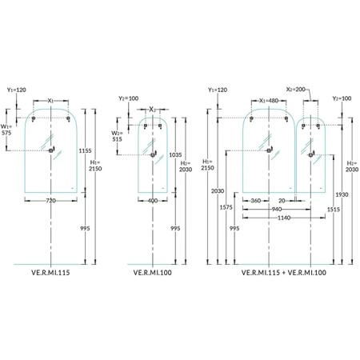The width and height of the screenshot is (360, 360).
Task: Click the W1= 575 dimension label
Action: point(6,130)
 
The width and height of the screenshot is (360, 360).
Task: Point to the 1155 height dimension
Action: point(85,150)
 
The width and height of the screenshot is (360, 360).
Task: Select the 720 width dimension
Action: point(50,201)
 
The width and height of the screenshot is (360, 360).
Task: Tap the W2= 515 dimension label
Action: point(117,136)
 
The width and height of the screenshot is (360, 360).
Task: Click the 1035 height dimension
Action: point(175,154)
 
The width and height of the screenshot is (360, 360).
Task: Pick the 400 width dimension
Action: point(153,201)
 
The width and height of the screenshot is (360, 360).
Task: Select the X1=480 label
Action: point(269,101)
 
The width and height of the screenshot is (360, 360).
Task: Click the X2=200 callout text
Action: point(296,90)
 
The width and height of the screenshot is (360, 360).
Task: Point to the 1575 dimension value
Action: point(226,207)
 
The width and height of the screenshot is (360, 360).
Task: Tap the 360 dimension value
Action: point(255,201)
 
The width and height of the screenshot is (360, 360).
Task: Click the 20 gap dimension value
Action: point(282,201)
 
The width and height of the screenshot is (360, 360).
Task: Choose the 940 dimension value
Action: point(277,210)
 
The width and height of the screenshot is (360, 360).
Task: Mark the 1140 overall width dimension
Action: point(284,218)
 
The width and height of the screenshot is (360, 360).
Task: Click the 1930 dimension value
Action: point(342,194)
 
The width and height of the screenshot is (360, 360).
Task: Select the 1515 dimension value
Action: point(334,210)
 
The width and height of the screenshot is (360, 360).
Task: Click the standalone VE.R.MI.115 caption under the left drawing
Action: point(50,273)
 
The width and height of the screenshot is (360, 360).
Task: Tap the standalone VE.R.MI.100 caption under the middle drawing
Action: point(153,273)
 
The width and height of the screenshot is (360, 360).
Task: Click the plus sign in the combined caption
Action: point(284,273)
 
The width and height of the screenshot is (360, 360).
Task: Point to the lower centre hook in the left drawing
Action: point(51,150)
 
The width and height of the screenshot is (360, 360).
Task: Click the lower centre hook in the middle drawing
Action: point(153,154)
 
